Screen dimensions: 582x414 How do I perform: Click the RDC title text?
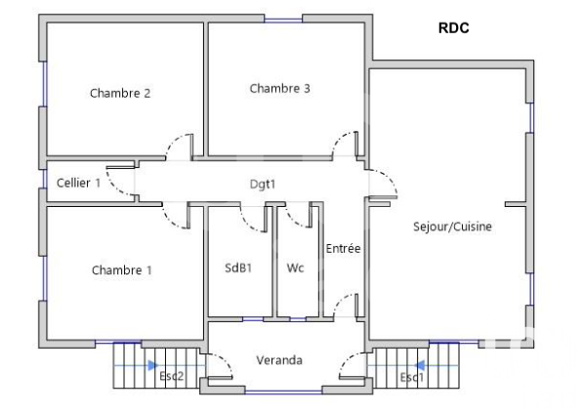pos(453,28)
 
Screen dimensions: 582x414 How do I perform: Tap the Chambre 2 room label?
pos(120,93)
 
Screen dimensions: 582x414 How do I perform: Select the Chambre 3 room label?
pos(279,89)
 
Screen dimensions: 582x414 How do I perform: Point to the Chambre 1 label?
pos(122,269)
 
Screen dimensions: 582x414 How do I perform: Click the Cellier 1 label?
pos(78,183)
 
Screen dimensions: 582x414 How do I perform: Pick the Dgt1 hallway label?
pos(263,185)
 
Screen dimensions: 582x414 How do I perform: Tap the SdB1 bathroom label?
pos(238,268)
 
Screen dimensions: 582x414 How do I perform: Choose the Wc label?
pos(296,268)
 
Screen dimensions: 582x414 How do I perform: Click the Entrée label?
pos(343,248)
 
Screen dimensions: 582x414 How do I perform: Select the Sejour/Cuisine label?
pos(452,227)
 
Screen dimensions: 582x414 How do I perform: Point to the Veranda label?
pos(279,360)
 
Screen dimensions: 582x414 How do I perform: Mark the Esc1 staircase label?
pos(412,378)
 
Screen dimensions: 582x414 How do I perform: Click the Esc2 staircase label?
pos(172,376)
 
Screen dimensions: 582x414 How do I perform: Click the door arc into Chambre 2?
pos(175,143)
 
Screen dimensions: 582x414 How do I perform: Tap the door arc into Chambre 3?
pos(341,141)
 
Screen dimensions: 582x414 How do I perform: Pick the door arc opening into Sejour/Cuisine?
pos(389,180)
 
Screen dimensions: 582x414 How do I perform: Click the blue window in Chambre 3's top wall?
pos(283,20)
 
